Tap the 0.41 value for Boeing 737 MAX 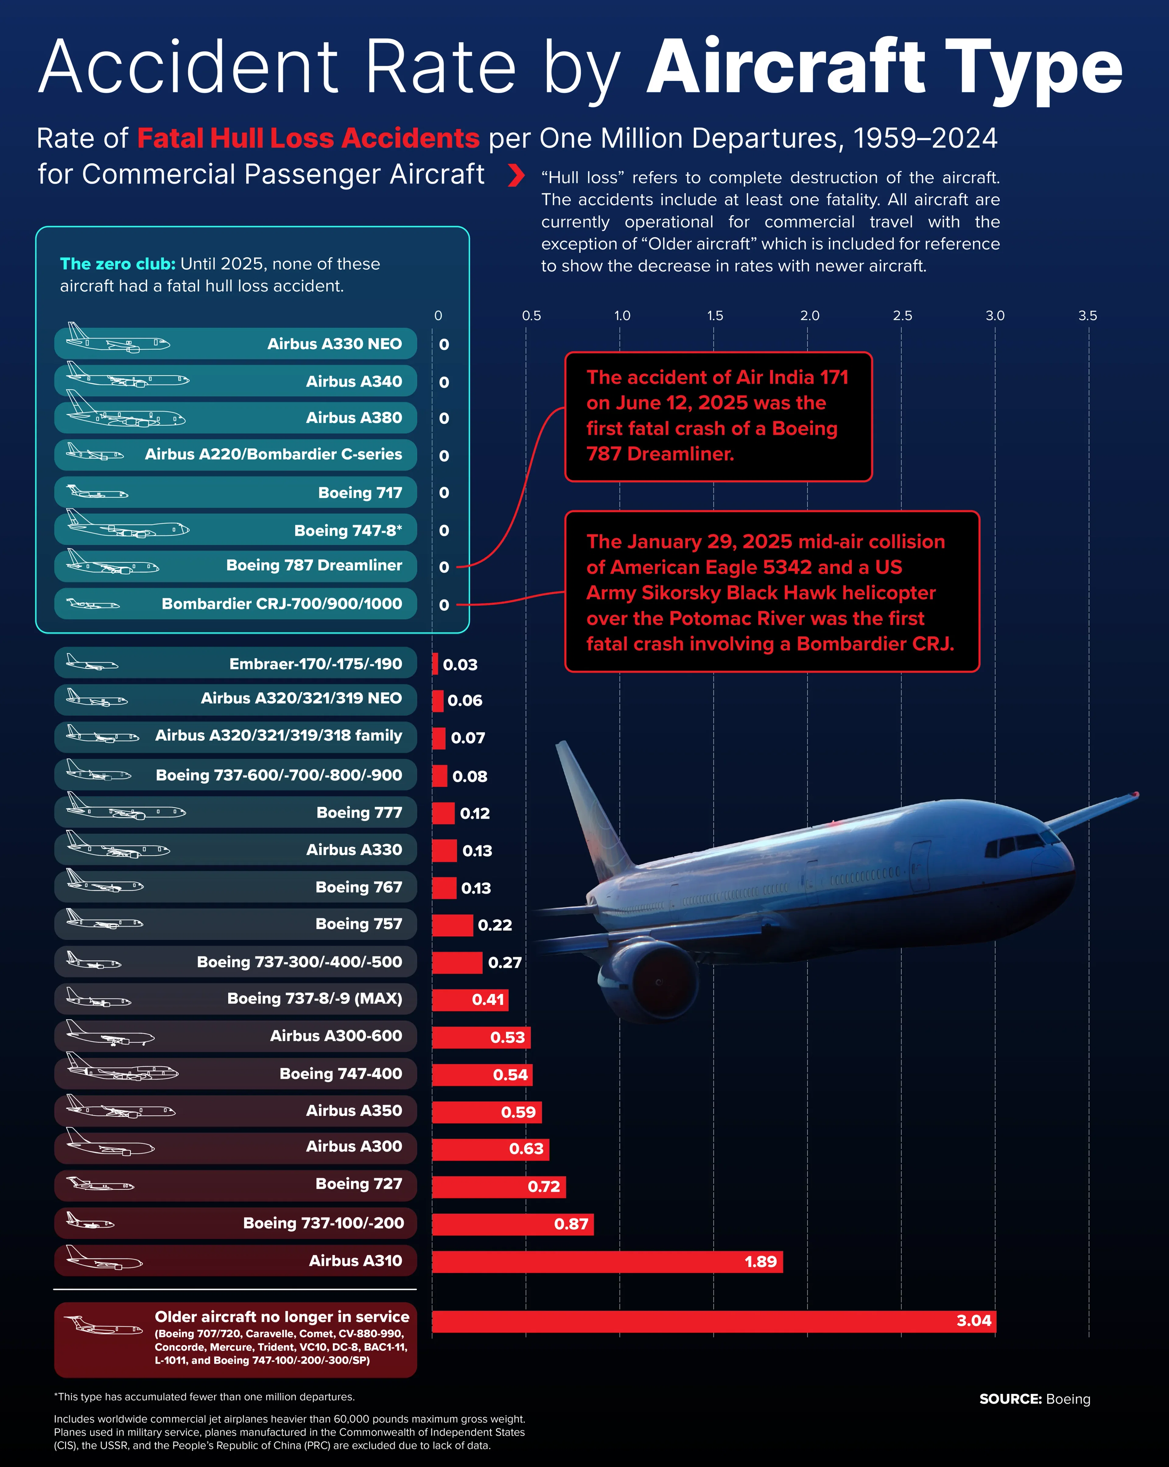488,1000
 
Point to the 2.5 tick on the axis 902,316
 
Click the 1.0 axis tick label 622,316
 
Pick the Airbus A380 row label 354,418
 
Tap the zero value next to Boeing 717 444,493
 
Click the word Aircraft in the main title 786,68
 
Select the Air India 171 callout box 718,416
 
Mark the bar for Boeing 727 498,1187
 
